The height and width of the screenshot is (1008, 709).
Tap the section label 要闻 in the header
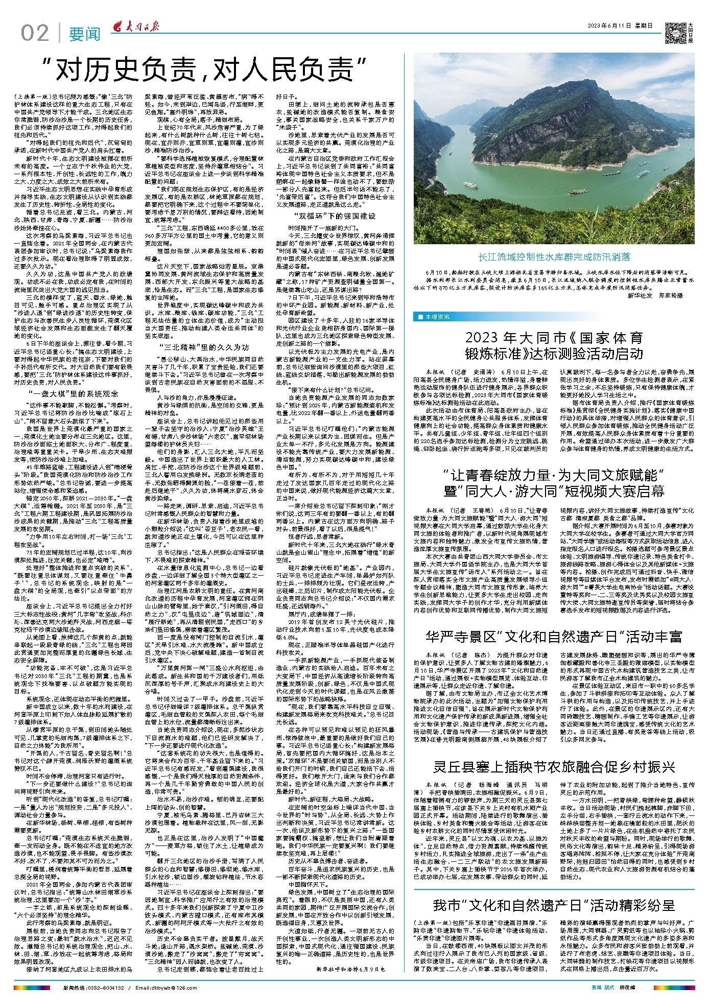point(85,34)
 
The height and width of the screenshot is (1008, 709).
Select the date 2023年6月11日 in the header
point(612,26)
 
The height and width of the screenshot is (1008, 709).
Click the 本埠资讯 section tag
point(434,317)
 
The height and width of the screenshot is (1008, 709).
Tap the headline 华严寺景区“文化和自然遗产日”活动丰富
point(554,637)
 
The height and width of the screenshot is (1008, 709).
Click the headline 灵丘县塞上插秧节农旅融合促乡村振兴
point(554,767)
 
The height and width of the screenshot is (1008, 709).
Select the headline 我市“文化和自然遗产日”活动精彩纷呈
point(554,906)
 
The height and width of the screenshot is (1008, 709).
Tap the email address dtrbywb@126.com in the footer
point(162,988)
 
